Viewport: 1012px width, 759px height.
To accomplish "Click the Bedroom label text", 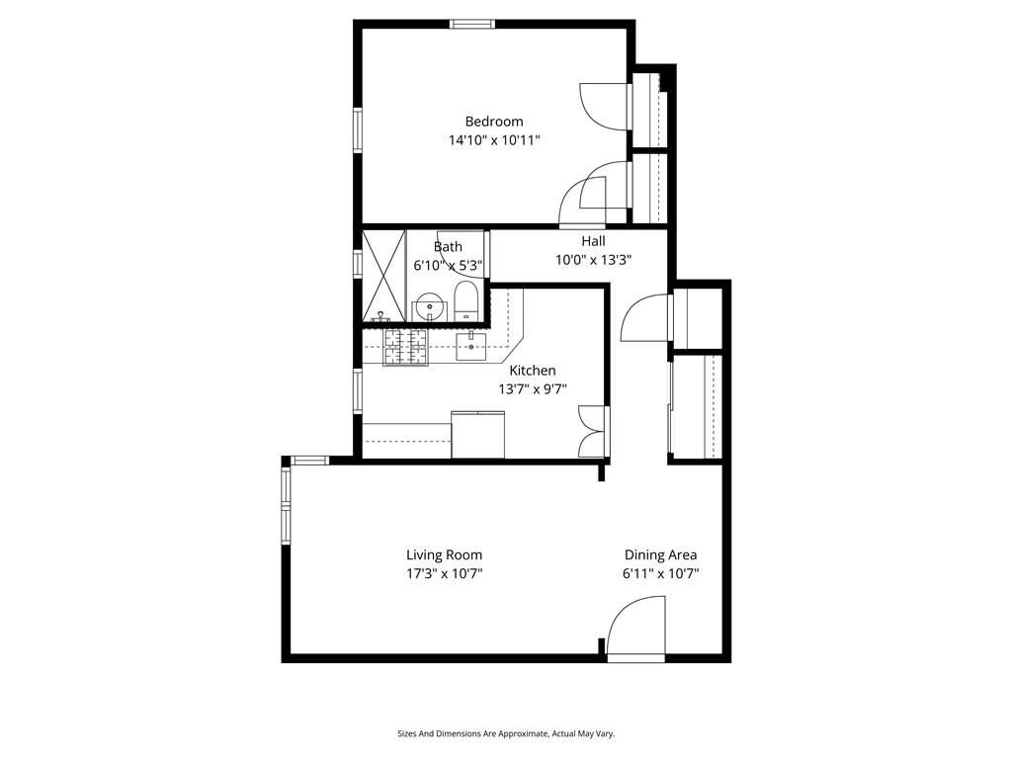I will click(494, 122).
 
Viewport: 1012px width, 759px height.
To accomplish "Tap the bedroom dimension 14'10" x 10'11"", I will click(494, 140).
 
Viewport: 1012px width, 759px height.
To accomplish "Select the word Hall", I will click(593, 240).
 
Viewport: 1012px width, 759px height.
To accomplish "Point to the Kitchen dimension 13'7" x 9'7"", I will click(532, 388).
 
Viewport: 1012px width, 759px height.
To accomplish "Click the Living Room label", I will click(444, 554).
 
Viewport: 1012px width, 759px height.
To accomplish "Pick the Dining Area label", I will click(660, 554).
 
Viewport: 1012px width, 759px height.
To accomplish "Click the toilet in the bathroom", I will click(466, 302).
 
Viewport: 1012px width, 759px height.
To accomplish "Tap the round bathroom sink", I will click(429, 307).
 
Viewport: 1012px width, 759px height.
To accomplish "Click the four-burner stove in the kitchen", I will click(404, 347).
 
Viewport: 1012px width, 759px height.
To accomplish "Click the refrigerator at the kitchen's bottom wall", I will click(478, 434).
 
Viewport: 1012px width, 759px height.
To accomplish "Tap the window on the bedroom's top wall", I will click(472, 24).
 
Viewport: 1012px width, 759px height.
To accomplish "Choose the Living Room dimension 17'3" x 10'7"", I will click(444, 573).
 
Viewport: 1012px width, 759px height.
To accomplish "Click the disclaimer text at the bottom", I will click(506, 734).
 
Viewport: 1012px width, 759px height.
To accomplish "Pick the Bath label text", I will click(448, 246).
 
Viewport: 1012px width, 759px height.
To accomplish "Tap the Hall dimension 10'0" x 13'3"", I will click(593, 259).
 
